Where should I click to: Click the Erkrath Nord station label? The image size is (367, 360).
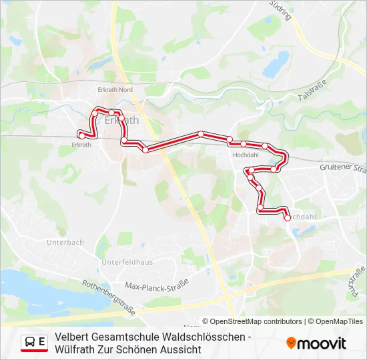(115, 89)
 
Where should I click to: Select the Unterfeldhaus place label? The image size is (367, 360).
(127, 262)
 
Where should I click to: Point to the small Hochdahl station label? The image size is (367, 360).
(245, 155)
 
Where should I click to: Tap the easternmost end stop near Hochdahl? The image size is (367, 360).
(288, 217)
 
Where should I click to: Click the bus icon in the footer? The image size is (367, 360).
(30, 342)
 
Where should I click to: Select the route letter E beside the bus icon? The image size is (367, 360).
(42, 341)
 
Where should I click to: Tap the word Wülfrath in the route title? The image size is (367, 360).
(74, 349)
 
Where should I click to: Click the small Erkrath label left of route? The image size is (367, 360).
(81, 144)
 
